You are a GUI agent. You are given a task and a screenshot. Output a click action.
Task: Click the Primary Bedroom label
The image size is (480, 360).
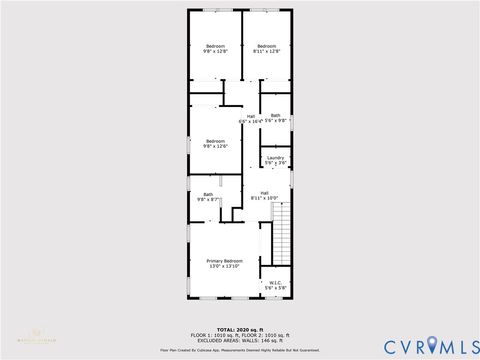[x=226, y=260]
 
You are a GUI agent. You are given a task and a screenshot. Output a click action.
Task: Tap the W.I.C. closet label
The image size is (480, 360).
[x=275, y=283]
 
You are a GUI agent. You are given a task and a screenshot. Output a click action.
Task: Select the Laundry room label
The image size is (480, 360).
[x=275, y=157]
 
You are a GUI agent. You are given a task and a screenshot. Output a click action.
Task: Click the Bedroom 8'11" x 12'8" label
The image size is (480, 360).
[x=266, y=46]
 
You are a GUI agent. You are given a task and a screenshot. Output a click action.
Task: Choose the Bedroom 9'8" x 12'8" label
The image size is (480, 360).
[x=216, y=46]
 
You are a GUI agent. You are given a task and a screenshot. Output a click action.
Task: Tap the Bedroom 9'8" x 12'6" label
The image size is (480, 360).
[x=216, y=141]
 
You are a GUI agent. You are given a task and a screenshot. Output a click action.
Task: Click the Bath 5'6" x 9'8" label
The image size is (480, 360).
[x=275, y=117]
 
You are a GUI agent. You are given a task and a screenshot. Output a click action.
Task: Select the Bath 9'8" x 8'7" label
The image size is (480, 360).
[x=208, y=196]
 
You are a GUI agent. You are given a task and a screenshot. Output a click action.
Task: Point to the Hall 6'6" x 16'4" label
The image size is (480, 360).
[x=251, y=118]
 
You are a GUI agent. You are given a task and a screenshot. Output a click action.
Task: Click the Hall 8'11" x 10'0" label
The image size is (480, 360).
[x=264, y=195]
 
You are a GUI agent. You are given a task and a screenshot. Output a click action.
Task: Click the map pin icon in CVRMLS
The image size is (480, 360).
[x=432, y=344]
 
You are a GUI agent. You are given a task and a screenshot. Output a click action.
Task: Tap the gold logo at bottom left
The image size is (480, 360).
[x=40, y=334]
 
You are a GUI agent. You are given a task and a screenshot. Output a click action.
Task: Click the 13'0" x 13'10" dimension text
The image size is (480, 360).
[x=226, y=265]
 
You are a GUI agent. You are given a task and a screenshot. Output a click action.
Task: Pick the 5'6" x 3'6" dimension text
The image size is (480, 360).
[x=275, y=162]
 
